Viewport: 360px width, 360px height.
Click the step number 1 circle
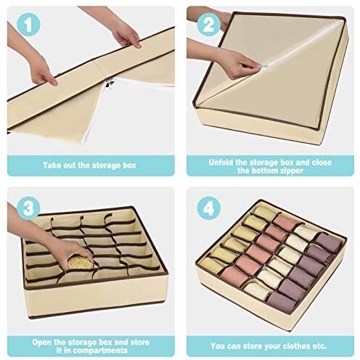[28, 25]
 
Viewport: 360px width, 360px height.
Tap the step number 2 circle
[208, 25]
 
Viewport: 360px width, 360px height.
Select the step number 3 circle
[28, 208]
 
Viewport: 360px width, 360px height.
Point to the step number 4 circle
[208, 208]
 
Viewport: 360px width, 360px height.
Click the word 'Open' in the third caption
[41, 343]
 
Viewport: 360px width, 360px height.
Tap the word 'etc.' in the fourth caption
[319, 346]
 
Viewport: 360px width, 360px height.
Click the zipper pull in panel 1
[110, 84]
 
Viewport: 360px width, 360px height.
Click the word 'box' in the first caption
[130, 165]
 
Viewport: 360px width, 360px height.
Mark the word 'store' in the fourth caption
[253, 346]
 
